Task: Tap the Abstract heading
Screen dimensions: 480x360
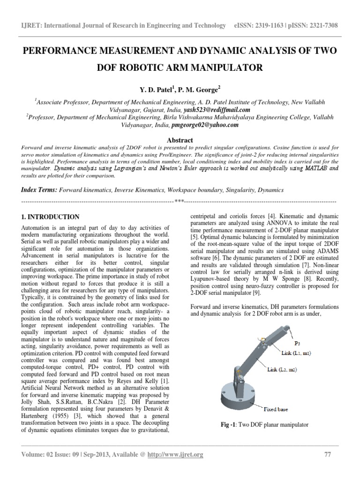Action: tap(180, 140)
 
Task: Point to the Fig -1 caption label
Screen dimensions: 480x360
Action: tap(229, 425)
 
